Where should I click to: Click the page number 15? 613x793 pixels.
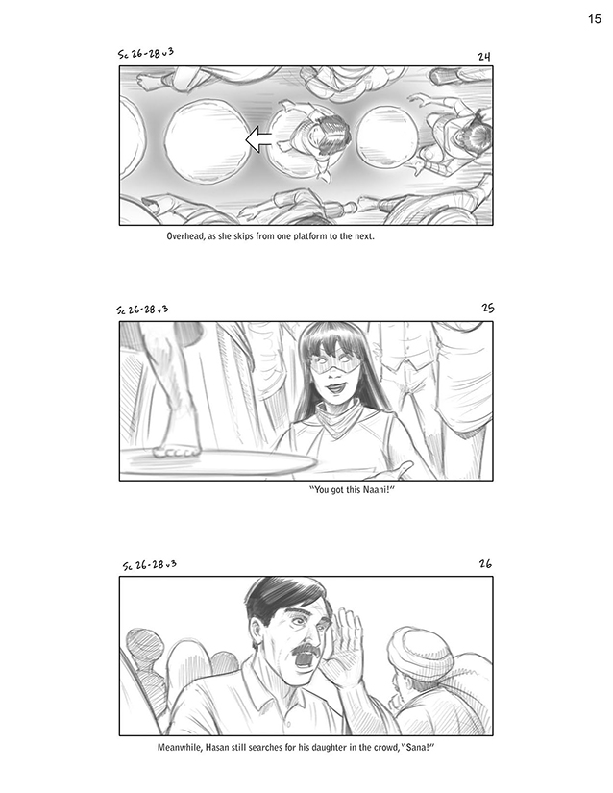click(x=595, y=18)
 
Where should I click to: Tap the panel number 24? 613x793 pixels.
click(x=484, y=56)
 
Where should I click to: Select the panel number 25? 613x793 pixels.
click(x=488, y=308)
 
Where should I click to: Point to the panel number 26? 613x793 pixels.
click(x=485, y=563)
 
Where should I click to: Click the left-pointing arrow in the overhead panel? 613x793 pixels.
click(x=258, y=139)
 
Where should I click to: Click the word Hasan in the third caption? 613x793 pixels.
click(x=216, y=747)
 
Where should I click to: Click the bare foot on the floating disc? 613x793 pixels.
click(x=177, y=449)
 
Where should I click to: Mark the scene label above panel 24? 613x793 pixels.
click(x=145, y=53)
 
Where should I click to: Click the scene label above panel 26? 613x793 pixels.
click(x=150, y=565)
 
